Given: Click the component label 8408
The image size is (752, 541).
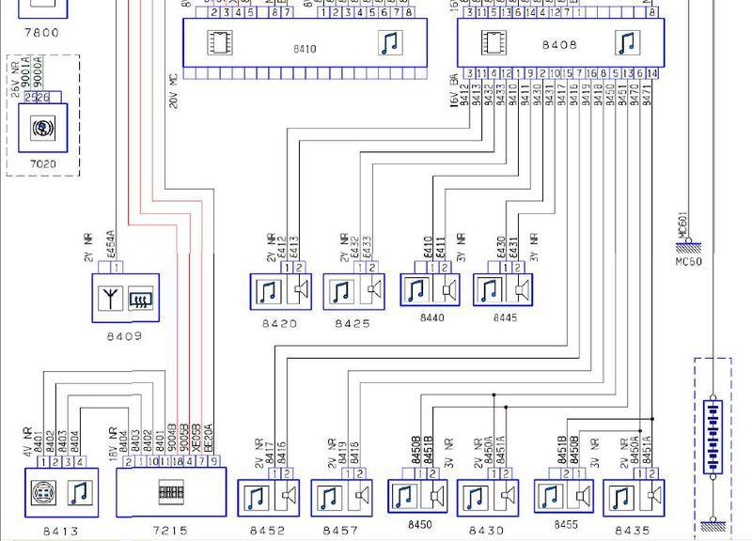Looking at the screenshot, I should [x=560, y=45].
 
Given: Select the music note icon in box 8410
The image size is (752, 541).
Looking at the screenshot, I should [x=388, y=43].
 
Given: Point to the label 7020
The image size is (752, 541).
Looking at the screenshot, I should [x=42, y=164].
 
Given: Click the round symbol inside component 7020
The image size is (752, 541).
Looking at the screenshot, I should [x=43, y=128].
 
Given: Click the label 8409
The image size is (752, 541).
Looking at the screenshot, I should [x=124, y=335].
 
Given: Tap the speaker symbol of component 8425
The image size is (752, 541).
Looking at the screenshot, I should [x=374, y=291].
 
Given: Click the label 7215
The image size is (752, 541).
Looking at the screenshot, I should [x=170, y=531].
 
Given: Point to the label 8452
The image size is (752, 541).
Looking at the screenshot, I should [x=267, y=531].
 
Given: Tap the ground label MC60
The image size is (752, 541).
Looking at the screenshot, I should [x=689, y=262].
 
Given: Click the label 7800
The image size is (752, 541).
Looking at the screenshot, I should [x=41, y=33].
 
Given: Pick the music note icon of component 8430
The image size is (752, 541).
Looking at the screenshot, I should [x=476, y=497].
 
